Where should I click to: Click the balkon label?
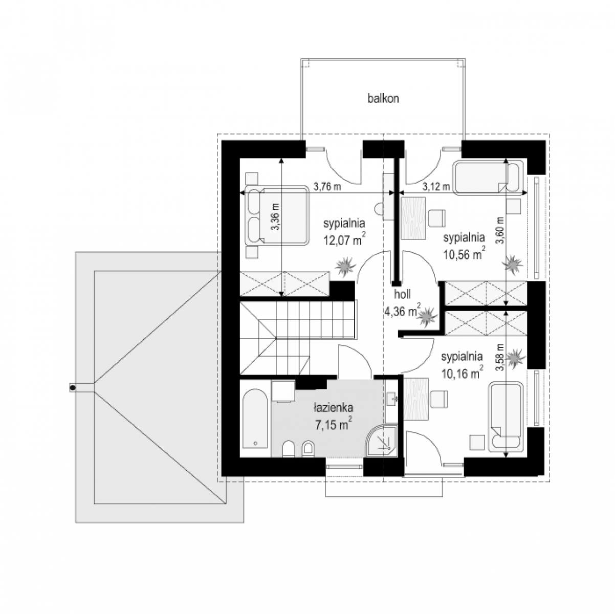(383, 99)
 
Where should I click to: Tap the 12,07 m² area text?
(344, 239)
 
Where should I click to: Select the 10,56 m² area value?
(465, 253)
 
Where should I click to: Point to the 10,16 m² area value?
(462, 372)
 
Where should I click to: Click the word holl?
(403, 294)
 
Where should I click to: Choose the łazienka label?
(334, 408)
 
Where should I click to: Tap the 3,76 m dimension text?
(327, 186)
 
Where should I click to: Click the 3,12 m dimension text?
(436, 186)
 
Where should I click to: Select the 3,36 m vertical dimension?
(275, 217)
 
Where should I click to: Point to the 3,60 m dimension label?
(499, 231)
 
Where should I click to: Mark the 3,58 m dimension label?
(499, 358)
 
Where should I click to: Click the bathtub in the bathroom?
(255, 419)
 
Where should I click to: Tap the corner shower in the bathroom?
(381, 441)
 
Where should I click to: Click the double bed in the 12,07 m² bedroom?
(277, 216)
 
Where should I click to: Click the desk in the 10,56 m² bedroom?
(413, 218)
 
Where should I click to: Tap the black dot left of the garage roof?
(73, 388)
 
